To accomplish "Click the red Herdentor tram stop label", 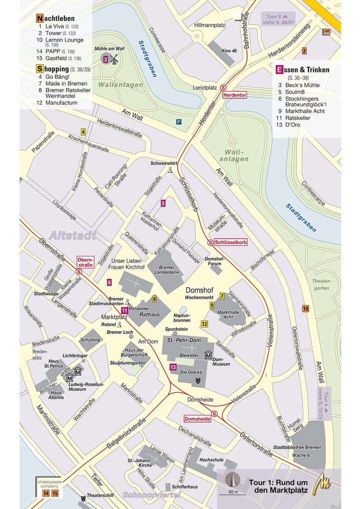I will [x=235, y=95].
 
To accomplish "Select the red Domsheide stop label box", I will [x=198, y=419].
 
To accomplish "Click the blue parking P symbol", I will [x=179, y=122].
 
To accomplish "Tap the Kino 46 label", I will [x=229, y=51].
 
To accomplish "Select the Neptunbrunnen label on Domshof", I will [x=182, y=318].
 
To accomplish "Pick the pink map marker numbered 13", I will [x=173, y=367].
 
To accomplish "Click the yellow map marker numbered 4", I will [x=83, y=132].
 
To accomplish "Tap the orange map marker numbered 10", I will [x=305, y=309].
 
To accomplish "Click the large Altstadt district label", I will [x=72, y=236].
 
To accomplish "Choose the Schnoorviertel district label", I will [x=150, y=496].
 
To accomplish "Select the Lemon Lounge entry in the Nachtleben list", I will [x=64, y=39].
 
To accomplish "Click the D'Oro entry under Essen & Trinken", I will [x=293, y=125].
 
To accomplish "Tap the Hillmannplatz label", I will [x=210, y=25].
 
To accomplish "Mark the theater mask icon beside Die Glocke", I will [x=198, y=380].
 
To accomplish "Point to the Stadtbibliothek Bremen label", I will [x=298, y=447].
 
